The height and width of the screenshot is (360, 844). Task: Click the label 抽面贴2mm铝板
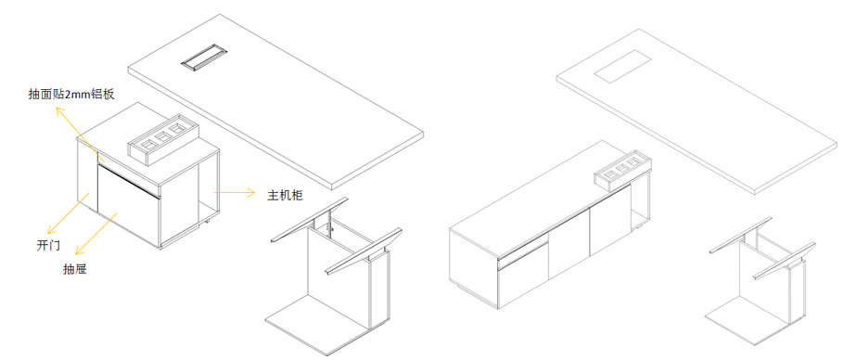point(71,94)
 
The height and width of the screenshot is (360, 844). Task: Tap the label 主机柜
point(286,195)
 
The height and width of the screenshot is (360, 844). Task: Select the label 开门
point(48,246)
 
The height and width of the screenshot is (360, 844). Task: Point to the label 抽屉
point(75,270)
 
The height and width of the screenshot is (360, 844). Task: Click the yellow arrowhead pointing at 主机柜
point(250,192)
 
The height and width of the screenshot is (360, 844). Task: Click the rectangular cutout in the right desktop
point(622,66)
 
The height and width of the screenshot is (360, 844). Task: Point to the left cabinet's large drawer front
point(128,206)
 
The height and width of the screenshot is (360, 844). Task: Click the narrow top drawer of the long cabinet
point(522,251)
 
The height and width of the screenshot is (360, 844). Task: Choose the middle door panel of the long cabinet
point(569,243)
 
